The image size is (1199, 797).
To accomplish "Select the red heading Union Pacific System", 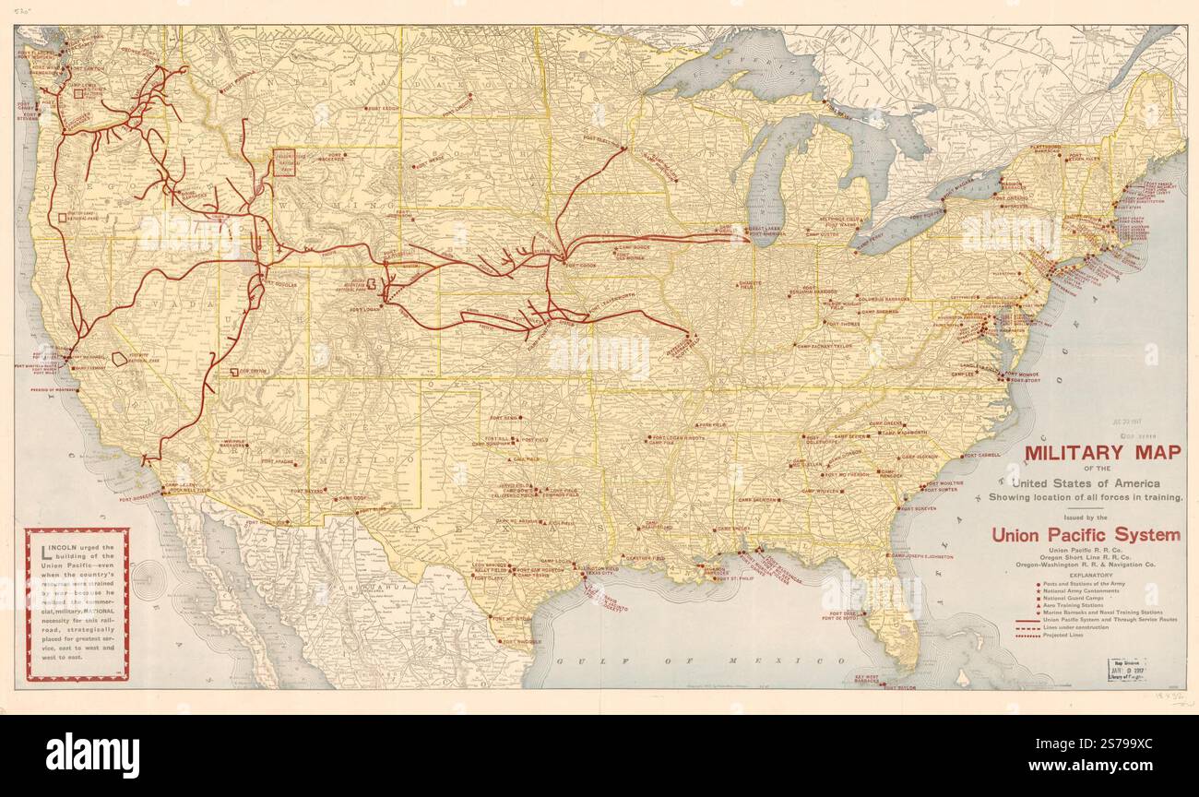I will [x=1085, y=534].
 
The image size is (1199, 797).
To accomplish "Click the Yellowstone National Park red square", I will [x=285, y=162].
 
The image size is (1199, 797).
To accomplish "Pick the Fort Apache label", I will [x=279, y=460].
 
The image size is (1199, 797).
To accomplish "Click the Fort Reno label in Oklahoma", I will [x=505, y=418].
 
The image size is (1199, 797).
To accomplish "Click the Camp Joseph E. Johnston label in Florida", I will [x=922, y=556].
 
